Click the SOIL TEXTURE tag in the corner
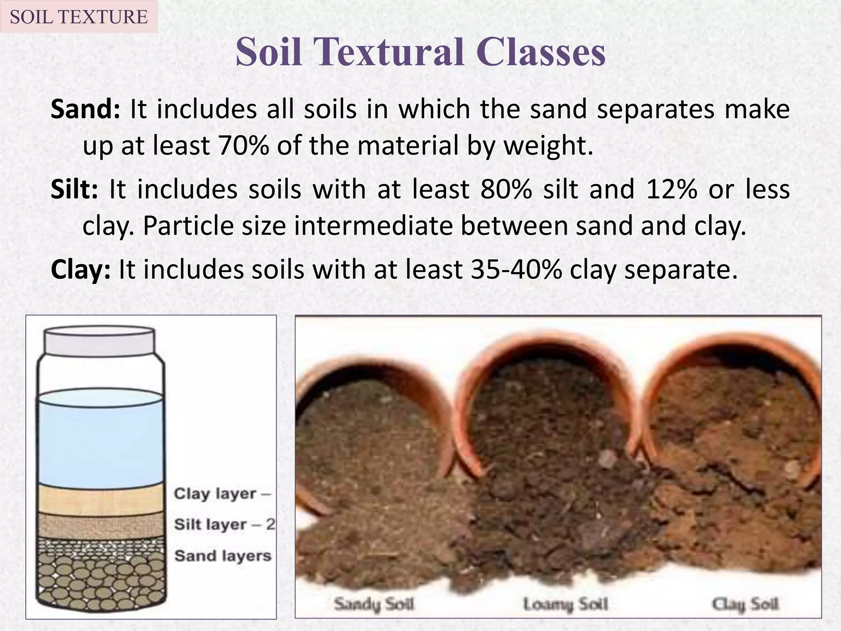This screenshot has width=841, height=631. point(78,17)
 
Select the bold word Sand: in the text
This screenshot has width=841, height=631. point(85,109)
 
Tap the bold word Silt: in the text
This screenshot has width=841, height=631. point(74,189)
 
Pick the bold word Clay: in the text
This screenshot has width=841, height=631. point(80,269)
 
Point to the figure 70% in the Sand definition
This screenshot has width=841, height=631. point(244,145)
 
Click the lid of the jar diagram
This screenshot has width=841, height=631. point(99,340)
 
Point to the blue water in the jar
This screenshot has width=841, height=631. point(101,444)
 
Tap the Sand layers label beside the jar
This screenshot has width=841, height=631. point(223,556)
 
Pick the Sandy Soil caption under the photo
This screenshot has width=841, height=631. point(374,604)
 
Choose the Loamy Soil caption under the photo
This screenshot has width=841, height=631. point(565,604)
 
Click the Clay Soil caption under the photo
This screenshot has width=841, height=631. point(744,604)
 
